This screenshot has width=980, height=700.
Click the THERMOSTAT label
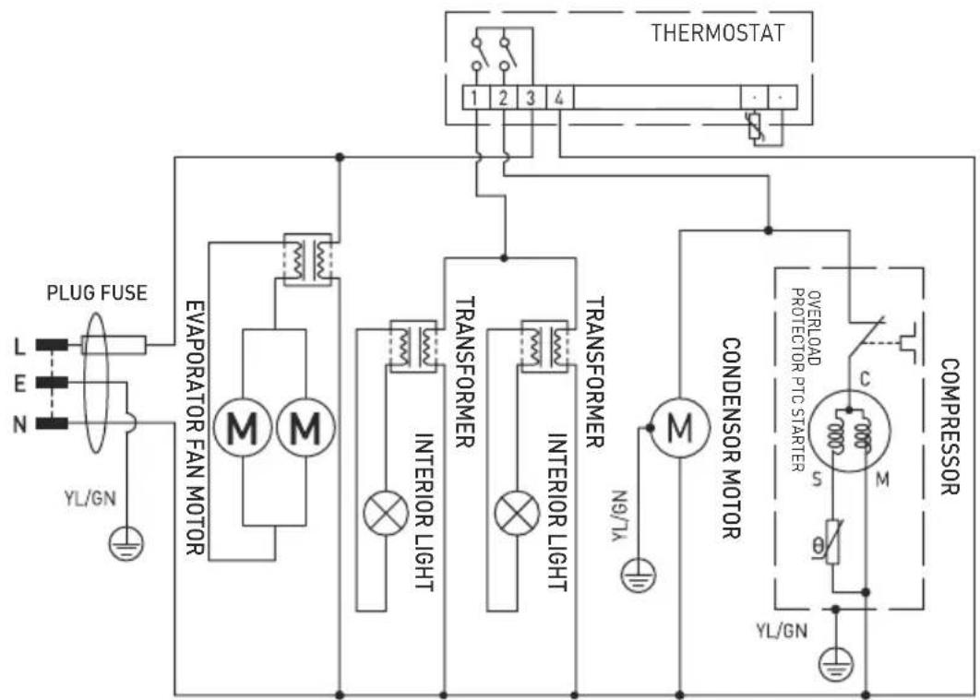[x=717, y=33]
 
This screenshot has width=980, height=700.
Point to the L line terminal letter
[x=19, y=347]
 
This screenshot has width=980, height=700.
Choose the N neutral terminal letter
[x=19, y=424]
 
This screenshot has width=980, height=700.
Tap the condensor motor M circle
[x=679, y=427]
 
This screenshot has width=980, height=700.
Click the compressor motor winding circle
[x=850, y=430]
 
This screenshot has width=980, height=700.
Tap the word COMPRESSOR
[x=950, y=426]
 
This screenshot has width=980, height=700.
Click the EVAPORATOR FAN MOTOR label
[x=194, y=426]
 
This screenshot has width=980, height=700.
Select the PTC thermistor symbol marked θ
[x=832, y=541]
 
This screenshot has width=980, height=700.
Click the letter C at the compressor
[x=866, y=378]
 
